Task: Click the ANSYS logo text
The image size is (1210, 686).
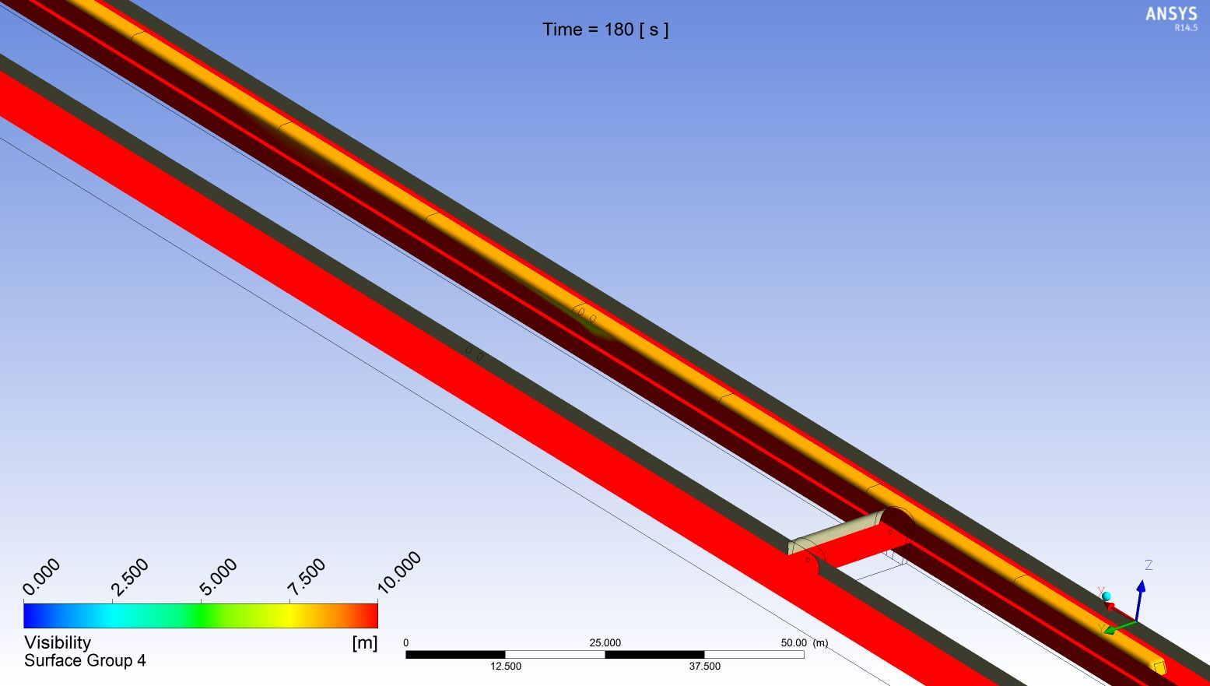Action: coord(1171,13)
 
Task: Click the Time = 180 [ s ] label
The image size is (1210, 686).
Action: coord(605,29)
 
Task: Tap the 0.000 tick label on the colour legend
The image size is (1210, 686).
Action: coord(41,577)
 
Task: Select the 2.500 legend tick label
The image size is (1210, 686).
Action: coord(130,577)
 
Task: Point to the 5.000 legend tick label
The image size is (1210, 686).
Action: coord(218,577)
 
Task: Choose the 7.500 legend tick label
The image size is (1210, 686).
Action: coord(307,577)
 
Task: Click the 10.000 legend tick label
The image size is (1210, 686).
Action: coord(399,572)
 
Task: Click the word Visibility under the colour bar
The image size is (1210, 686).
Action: coord(58,642)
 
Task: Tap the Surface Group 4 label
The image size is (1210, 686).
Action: coord(85,660)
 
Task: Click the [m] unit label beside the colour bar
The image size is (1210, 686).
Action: coord(365,642)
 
